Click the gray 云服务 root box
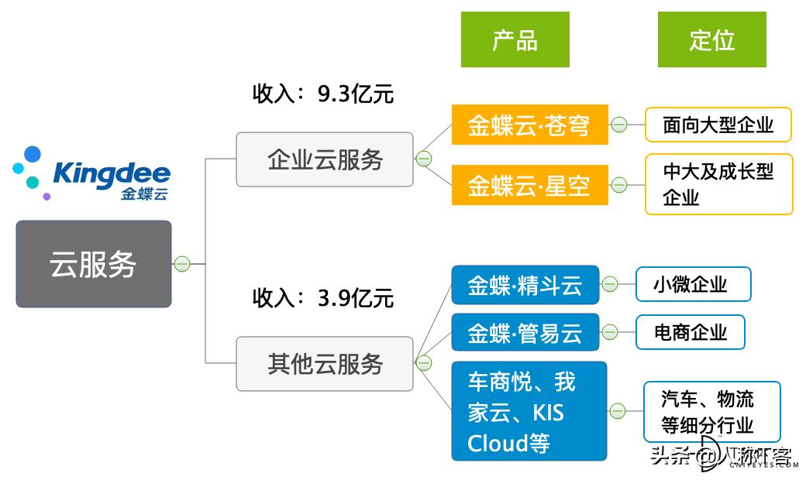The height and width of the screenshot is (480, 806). point(93,264)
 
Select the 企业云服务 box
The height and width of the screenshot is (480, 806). point(325,160)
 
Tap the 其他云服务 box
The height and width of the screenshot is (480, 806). point(325,363)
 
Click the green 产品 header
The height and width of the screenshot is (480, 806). point(515,39)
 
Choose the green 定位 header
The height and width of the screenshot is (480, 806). point(711,39)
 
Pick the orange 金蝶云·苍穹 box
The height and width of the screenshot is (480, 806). point(529,125)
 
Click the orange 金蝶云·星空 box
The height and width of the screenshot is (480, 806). point(529,185)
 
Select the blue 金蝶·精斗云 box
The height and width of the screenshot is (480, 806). point(525,285)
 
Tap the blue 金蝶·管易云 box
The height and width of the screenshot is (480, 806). point(525,333)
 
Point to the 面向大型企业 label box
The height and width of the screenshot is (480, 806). point(718,125)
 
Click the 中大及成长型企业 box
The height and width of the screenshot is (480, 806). point(718,184)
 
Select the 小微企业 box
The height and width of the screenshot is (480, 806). point(692,285)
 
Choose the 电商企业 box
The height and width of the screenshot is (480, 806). point(690,333)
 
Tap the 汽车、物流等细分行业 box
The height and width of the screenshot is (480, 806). point(711,412)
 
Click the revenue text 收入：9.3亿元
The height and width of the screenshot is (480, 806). point(322,94)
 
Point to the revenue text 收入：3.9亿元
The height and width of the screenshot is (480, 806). point(322,297)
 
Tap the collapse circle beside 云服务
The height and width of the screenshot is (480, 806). point(181,264)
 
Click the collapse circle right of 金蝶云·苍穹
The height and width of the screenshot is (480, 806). point(618,125)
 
